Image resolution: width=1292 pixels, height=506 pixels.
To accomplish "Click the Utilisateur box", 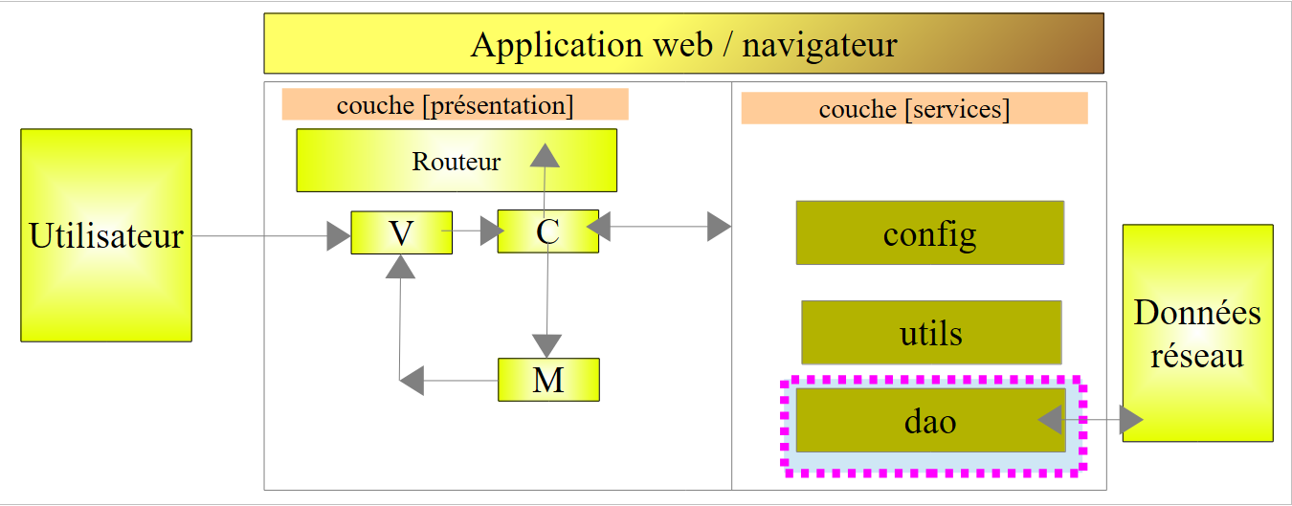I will (106, 235).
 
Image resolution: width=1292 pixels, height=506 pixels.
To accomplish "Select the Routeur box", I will (457, 161).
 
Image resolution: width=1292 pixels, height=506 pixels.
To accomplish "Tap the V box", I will (401, 232).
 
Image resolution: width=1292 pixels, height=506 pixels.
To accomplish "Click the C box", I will (547, 232).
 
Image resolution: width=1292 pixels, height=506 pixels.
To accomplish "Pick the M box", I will (548, 380).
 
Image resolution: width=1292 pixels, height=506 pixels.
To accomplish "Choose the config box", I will (929, 232).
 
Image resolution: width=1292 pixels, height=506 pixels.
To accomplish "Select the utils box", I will (931, 333).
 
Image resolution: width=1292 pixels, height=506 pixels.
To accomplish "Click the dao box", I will (930, 420).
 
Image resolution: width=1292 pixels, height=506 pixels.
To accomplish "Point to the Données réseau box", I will (1197, 333).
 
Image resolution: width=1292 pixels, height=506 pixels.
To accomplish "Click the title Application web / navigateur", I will (683, 43).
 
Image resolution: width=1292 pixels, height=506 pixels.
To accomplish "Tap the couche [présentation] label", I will (455, 104).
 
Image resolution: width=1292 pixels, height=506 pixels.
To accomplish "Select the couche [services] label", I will (914, 109).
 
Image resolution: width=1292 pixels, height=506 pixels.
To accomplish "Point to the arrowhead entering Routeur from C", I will (545, 153).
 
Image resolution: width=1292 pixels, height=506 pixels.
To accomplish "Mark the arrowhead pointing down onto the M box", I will (546, 345).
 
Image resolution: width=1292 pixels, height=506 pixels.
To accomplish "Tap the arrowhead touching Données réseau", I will (1131, 419).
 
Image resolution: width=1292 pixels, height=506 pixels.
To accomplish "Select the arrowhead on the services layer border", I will (719, 227).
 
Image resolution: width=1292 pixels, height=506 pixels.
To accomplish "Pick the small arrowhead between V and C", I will (493, 230).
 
